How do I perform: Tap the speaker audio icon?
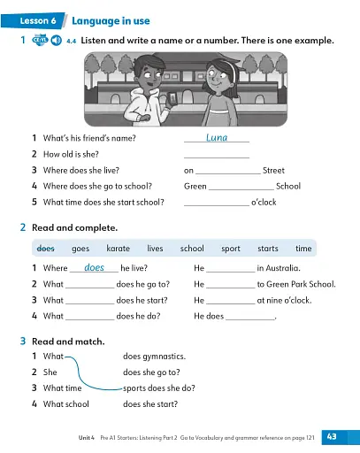(57, 41)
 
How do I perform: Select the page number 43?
(333, 436)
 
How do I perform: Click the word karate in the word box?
(118, 249)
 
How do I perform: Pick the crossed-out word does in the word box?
(45, 249)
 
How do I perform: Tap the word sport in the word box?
(230, 249)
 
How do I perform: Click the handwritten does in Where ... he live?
(94, 267)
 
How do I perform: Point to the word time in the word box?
(303, 249)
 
